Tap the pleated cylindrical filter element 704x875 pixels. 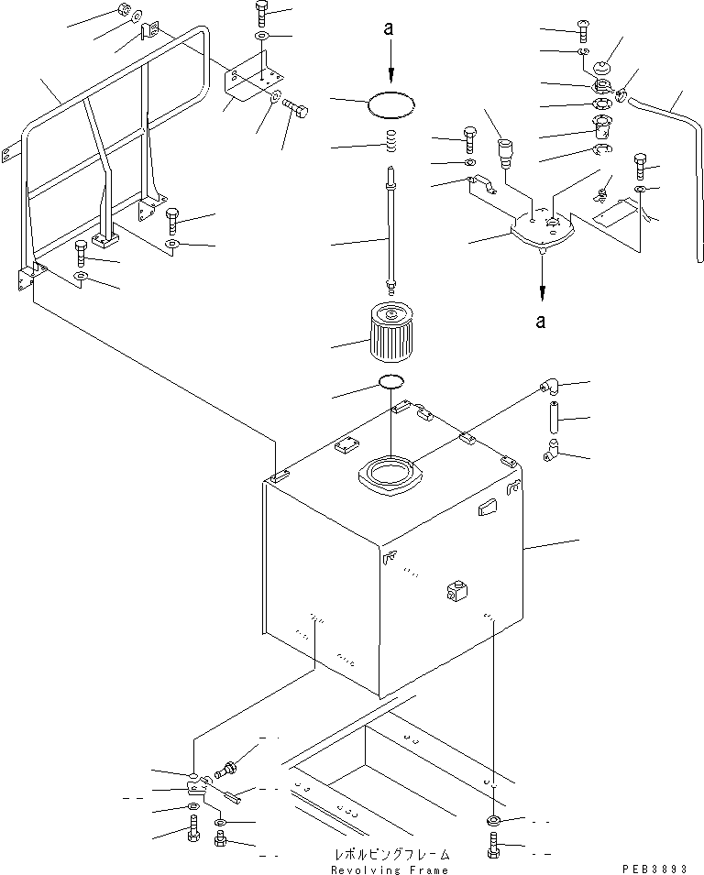pos(392,335)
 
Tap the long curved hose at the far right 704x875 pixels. pos(678,165)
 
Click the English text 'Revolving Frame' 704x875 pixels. pos(390,869)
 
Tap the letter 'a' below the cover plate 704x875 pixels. pos(542,321)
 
